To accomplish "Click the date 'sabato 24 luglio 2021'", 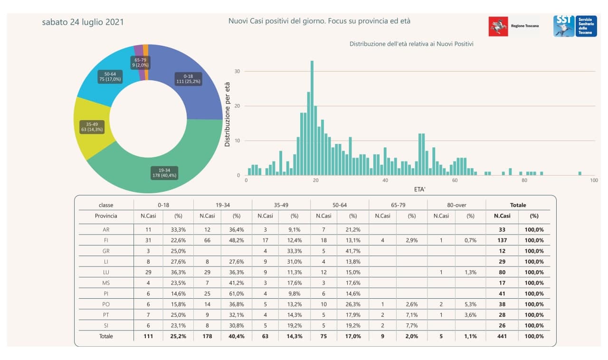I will coord(83,22).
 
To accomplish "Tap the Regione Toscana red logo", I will coord(498,26).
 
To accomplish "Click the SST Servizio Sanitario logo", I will coord(575,26).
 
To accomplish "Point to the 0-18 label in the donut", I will coord(188,78).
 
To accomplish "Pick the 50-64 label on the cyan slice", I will coord(110,76).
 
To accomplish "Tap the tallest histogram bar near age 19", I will coord(312,119).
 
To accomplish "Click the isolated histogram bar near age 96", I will coord(580,173).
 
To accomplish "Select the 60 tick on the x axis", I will coord(455,180).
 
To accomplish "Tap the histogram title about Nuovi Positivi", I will coord(411,44).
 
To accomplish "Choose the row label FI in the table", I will coord(106,240).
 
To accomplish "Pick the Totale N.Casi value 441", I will coord(502,336).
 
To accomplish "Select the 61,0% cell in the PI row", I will coord(236,294).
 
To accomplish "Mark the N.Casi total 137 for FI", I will coord(502,240).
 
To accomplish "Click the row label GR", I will coord(106,251).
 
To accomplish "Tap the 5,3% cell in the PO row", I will coord(470,304).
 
